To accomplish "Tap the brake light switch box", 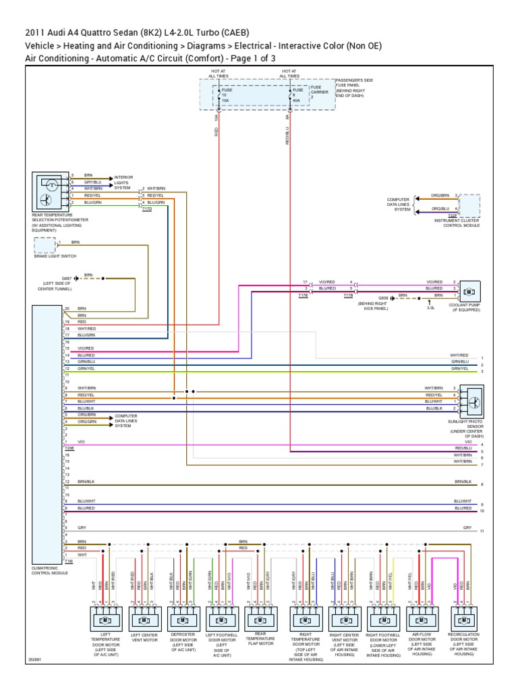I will pyautogui.click(x=45, y=245).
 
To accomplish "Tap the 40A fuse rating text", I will pyautogui.click(x=297, y=101).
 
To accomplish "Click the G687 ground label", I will pyautogui.click(x=67, y=277).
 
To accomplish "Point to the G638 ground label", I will pyautogui.click(x=383, y=296).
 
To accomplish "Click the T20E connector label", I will pyautogui.click(x=69, y=447).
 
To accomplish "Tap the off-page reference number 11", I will pyautogui.click(x=482, y=532).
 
